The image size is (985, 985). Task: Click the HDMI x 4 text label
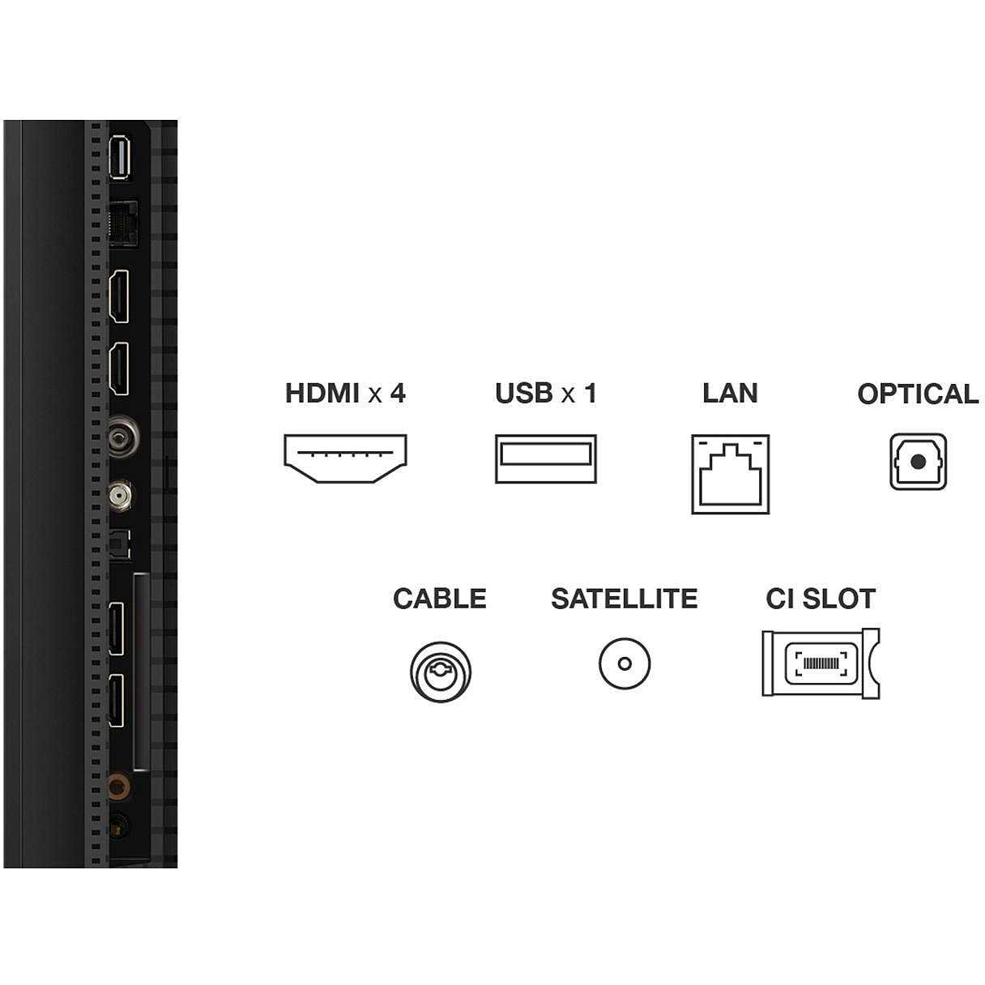345,394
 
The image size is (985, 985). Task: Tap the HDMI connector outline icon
345,458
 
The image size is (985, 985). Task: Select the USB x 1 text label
546,394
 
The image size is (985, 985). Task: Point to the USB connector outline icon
546,458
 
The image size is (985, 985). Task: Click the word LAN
730,394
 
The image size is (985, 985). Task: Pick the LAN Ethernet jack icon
731,474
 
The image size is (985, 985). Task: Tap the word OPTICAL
918,394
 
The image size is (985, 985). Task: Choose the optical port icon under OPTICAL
918,462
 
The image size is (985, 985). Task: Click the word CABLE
440,599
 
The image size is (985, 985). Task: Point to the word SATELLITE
625,599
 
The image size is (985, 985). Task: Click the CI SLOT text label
821,599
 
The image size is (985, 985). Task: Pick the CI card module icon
821,663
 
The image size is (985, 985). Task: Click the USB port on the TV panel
119,157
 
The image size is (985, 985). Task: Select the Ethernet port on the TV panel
123,224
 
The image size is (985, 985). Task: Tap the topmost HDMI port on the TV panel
118,296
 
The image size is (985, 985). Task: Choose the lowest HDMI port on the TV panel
117,701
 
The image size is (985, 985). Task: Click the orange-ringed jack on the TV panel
118,787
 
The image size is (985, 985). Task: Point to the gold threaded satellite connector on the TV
119,495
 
